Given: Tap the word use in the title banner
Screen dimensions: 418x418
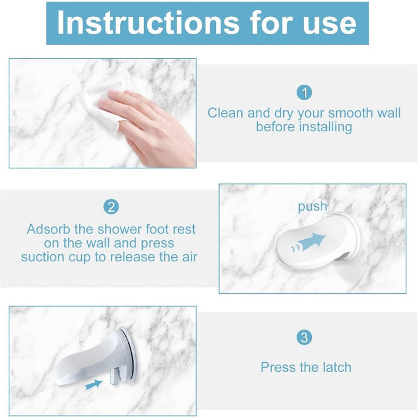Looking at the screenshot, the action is tap(330, 25).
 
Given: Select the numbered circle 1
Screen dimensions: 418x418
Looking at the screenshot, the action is tap(304, 92).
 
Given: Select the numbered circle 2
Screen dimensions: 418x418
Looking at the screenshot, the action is tap(111, 207).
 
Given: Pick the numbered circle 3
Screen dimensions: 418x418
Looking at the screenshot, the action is tap(304, 337).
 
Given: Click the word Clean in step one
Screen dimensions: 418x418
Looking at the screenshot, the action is tap(225, 113).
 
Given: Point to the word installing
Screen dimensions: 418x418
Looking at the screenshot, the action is tap(326, 127).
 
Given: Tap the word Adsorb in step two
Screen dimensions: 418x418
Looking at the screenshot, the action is tap(48, 229).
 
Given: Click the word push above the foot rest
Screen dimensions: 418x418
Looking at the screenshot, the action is tap(312, 207).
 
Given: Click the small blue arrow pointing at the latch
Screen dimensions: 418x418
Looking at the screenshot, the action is tap(94, 385).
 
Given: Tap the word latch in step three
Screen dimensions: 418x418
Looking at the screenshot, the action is tap(337, 367).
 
